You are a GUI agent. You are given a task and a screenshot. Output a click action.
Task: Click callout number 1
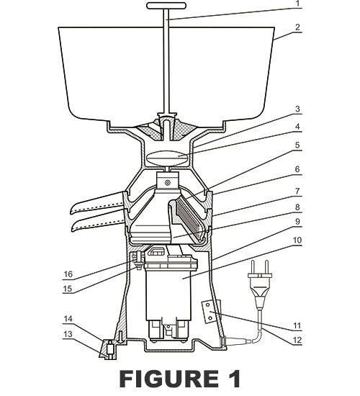[298, 4]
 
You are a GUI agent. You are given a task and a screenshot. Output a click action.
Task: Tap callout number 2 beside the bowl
[298, 27]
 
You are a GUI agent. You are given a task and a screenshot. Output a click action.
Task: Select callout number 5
[297, 145]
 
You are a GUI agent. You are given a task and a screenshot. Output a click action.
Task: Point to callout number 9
[297, 222]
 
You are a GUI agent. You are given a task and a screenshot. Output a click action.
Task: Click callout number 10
[297, 240]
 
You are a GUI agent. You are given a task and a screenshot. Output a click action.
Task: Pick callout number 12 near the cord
[297, 340]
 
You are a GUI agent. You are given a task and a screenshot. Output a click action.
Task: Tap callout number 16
[68, 274]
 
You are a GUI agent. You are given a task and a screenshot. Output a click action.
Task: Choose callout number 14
[68, 319]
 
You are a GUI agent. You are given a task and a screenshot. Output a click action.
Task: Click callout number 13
[68, 334]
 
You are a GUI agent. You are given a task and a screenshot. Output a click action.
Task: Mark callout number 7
[297, 192]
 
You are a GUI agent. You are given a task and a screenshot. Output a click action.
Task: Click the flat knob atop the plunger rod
[166, 6]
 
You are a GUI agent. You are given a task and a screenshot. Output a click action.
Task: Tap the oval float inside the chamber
[167, 158]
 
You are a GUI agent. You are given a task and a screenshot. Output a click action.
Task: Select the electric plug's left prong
[253, 268]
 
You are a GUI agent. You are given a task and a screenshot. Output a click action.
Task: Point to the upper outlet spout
[97, 202]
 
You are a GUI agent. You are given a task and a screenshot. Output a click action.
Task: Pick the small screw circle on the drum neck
[167, 182]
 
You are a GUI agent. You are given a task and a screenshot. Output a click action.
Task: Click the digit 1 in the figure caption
[234, 379]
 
